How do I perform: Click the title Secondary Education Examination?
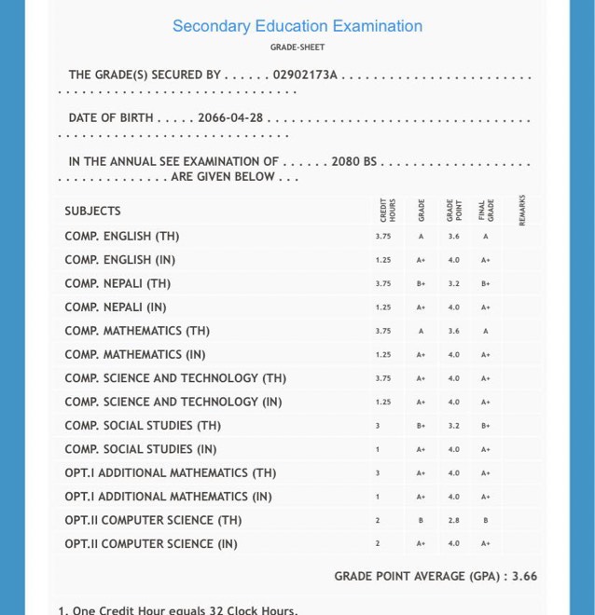point(297,26)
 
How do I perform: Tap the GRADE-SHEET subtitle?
point(297,47)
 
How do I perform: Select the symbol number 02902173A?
point(305,75)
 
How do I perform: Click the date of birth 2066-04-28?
point(230,118)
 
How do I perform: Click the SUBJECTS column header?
point(92,211)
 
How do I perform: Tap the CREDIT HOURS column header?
point(386,210)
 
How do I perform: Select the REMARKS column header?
point(522,210)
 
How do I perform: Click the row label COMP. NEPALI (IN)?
point(116,307)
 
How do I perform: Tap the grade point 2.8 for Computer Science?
point(453,520)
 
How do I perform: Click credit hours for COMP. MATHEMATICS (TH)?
point(383,331)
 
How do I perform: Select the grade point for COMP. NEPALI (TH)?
point(453,283)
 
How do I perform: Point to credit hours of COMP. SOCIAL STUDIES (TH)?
point(378,426)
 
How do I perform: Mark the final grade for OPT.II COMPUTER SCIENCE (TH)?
point(486,520)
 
